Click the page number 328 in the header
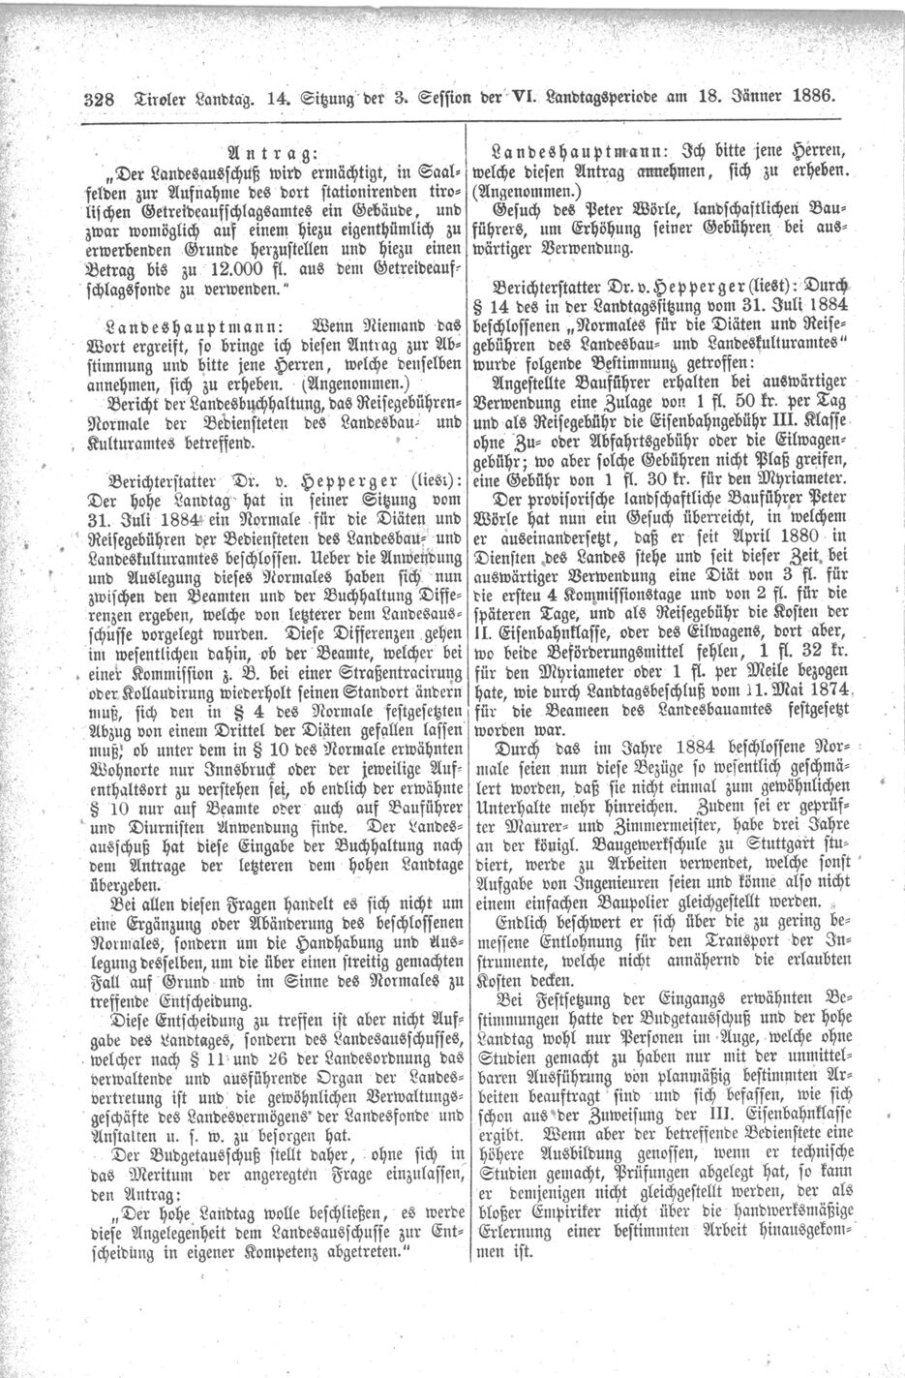pyautogui.click(x=101, y=97)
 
